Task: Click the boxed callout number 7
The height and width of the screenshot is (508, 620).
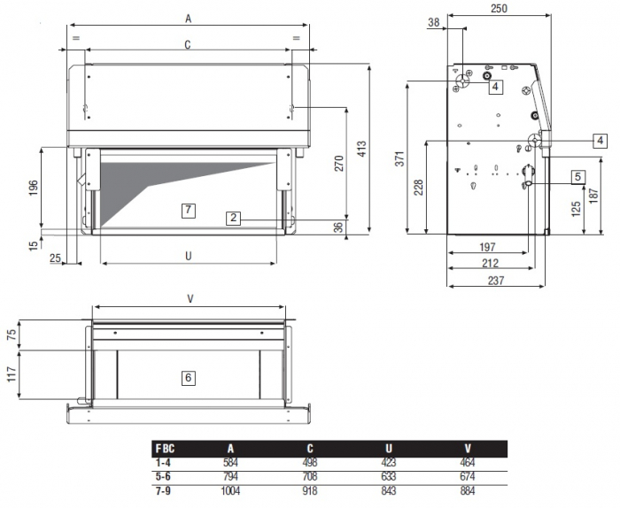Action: (x=187, y=210)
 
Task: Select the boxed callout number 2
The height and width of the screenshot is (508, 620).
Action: (x=233, y=217)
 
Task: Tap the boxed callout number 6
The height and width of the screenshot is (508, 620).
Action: (x=188, y=378)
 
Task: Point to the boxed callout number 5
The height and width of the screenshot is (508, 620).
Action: (x=577, y=176)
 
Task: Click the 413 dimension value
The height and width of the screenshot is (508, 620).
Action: (x=361, y=149)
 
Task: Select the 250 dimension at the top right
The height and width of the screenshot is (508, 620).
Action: (x=499, y=8)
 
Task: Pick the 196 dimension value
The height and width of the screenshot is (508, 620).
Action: (x=33, y=189)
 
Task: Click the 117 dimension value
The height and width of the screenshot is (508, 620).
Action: (x=11, y=375)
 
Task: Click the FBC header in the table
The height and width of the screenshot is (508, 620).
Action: (x=164, y=449)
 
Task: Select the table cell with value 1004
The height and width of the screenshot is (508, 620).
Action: (x=230, y=489)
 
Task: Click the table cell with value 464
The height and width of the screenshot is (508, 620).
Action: (x=467, y=463)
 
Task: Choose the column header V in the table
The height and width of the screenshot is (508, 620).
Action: (x=467, y=449)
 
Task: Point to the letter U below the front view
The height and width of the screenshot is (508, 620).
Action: (x=188, y=256)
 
